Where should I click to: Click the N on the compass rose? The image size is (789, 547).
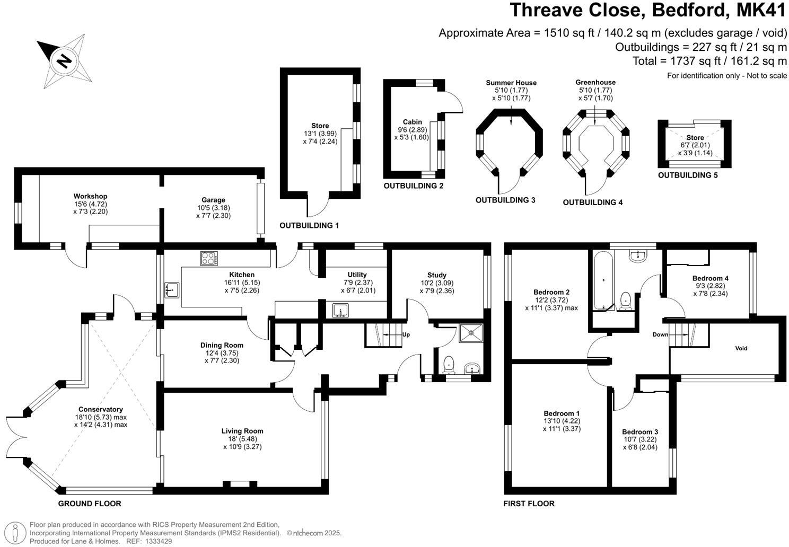coord(64,61)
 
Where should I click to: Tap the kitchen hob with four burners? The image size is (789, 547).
coord(209,258)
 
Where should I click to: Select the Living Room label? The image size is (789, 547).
coord(242,431)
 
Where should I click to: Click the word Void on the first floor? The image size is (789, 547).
coord(741,348)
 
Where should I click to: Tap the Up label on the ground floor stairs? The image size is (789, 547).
coord(406,334)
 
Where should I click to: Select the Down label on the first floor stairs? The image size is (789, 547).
coord(661,334)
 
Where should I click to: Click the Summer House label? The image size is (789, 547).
coord(511,83)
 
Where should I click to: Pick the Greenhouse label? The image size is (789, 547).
coord(595,82)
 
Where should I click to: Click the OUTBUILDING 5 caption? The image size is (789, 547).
coord(688,175)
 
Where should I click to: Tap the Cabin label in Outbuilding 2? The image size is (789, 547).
coord(412,122)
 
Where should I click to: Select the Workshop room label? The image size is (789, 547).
coord(90,196)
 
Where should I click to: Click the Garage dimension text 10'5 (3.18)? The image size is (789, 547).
coord(214,208)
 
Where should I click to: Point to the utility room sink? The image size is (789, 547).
coord(340,311)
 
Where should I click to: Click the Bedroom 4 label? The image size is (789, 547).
coord(711,278)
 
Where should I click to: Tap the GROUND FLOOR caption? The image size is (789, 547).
coord(90,504)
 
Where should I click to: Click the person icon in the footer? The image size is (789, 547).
coord(15,533)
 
